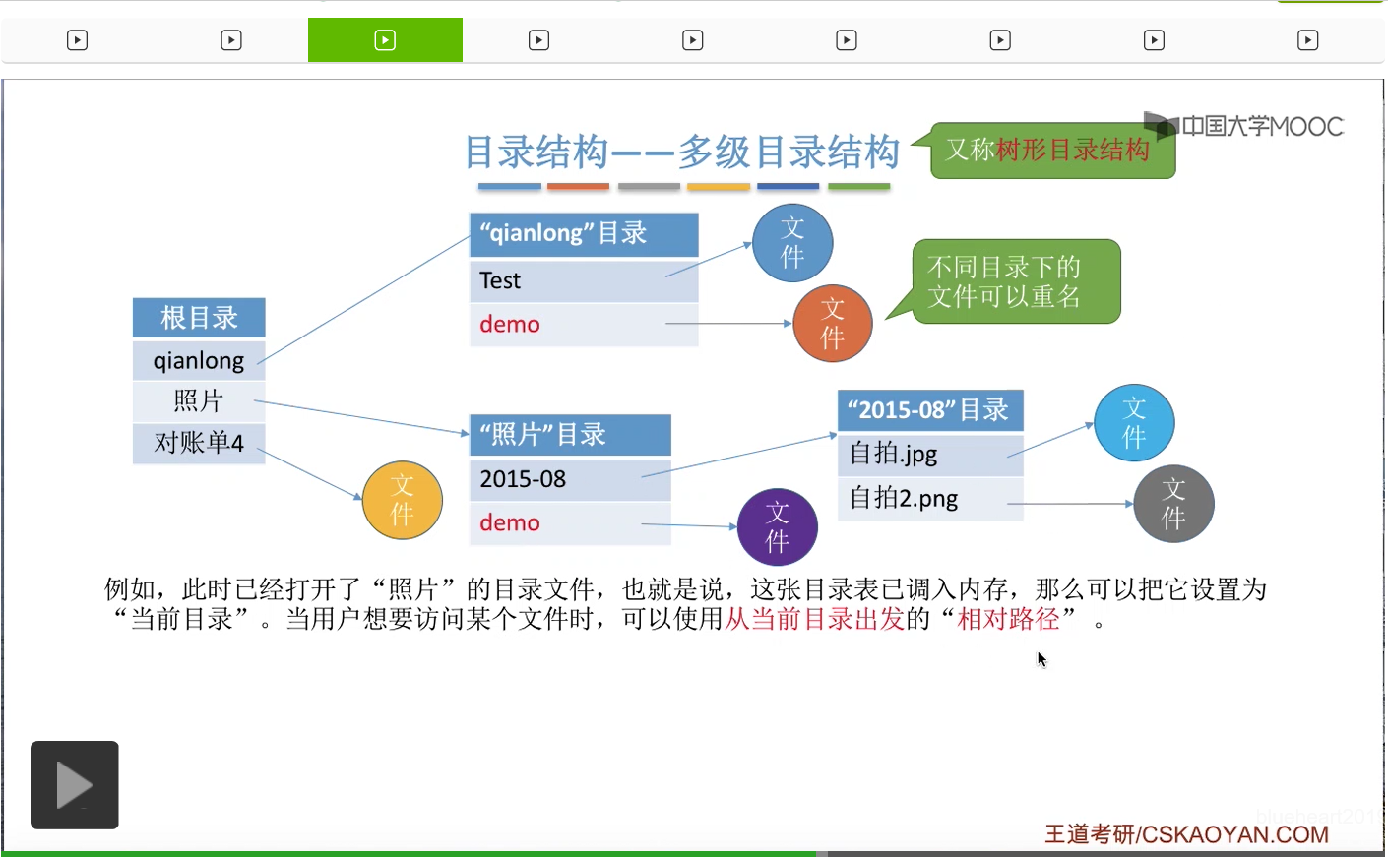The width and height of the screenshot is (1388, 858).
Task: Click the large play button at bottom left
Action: tap(75, 784)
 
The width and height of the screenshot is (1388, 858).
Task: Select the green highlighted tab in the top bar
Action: tap(385, 40)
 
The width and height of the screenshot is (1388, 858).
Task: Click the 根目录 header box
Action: tap(199, 318)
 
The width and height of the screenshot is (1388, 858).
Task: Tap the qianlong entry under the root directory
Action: tap(199, 360)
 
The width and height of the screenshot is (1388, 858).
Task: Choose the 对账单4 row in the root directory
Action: tap(199, 443)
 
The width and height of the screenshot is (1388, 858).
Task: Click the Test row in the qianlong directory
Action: tap(583, 281)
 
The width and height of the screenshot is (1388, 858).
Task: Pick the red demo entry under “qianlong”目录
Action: tap(510, 325)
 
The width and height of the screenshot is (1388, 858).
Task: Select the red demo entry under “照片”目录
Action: tap(510, 523)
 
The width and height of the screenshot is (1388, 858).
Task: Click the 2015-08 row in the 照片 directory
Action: tap(569, 479)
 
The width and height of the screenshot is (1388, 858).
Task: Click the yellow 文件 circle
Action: tap(402, 500)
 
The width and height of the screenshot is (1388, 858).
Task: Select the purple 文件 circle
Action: tap(778, 526)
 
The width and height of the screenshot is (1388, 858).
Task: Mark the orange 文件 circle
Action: tap(833, 323)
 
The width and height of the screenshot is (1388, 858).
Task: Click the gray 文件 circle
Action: tap(1173, 504)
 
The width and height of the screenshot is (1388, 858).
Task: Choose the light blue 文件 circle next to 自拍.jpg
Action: tap(1134, 423)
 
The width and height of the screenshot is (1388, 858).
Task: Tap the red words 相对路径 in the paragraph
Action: tap(1008, 619)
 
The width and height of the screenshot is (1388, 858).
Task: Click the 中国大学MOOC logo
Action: tap(1245, 126)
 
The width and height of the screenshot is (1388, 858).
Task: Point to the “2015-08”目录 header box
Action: tap(929, 410)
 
